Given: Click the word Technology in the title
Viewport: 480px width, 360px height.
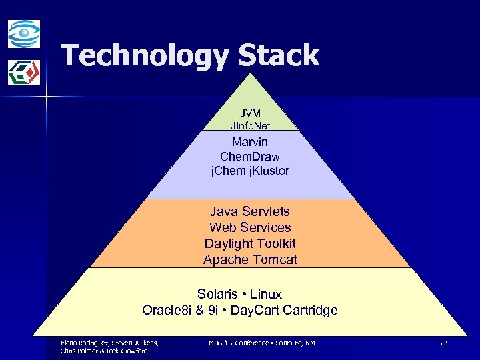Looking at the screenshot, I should coord(143,56).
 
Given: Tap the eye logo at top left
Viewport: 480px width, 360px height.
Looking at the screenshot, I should coord(24,34).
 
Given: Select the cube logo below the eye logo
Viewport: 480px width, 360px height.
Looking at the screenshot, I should coord(24,72).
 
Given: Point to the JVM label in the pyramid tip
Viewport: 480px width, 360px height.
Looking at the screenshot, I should coord(250,113).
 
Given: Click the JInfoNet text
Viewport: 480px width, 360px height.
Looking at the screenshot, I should coord(250,125).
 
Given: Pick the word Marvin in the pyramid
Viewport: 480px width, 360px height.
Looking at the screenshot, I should coord(250,141).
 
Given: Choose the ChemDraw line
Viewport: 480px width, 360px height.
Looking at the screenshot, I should coord(250,156).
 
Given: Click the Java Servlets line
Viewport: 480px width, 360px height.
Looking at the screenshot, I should coord(250,211).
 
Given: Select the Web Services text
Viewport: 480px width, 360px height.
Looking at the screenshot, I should coord(250,227).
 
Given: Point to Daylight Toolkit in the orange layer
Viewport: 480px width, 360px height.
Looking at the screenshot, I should coord(250,243).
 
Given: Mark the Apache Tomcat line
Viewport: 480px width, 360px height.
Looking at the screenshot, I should coord(250,259).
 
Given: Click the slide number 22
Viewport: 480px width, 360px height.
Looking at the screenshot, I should coord(443,343).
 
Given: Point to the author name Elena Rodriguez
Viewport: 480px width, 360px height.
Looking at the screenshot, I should coord(86,343).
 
